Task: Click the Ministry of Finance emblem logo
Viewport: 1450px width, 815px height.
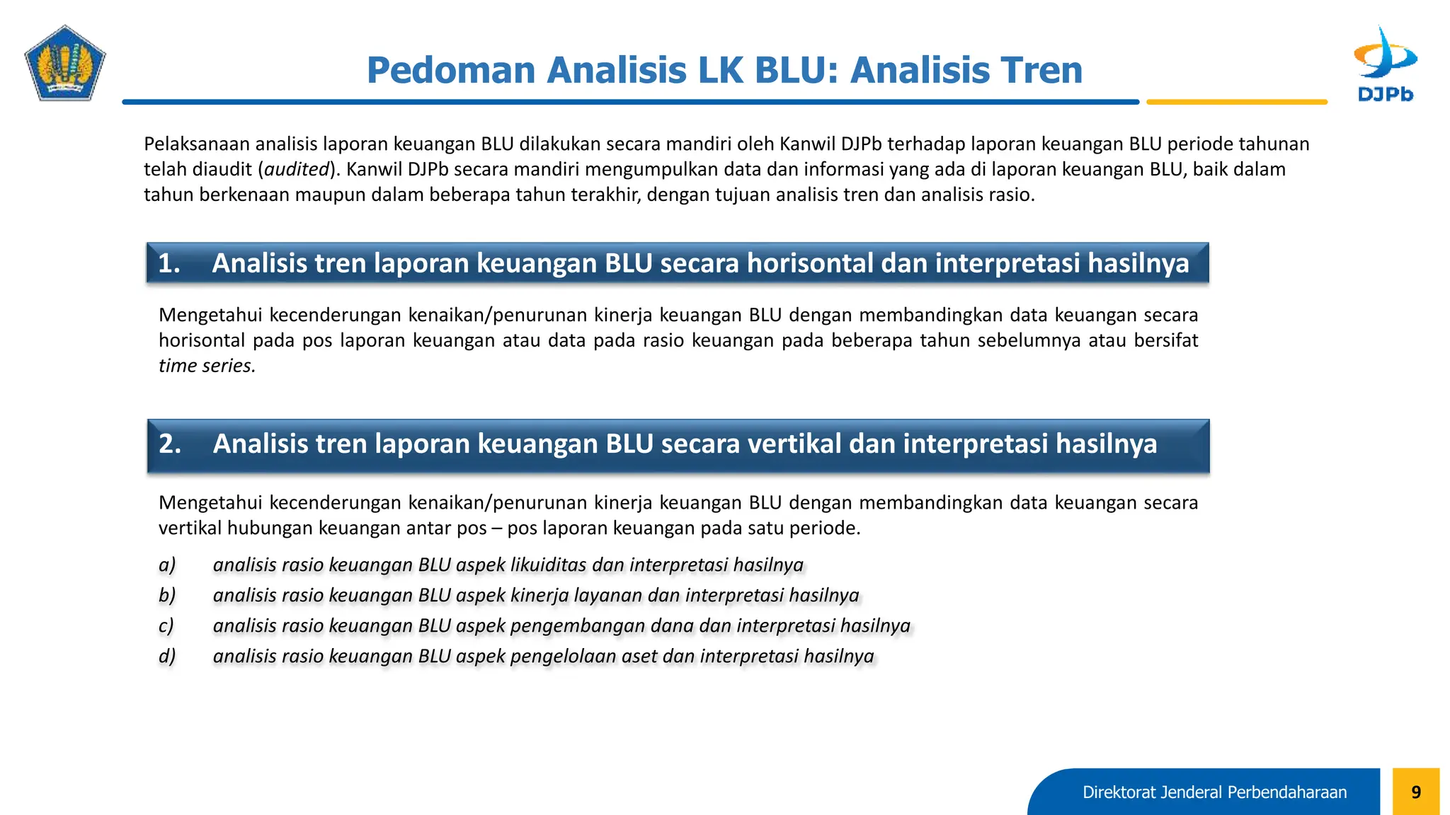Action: pos(65,64)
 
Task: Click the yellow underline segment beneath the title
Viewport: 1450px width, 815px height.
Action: pos(1236,103)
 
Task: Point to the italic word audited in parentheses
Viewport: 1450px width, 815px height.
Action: pos(297,169)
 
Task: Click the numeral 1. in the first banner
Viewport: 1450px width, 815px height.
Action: pos(169,263)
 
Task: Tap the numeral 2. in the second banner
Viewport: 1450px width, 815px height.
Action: pos(170,444)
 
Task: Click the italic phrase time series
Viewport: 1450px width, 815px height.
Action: pos(206,366)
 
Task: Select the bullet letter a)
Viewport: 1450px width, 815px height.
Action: pos(167,565)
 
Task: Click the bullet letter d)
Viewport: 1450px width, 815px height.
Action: pos(167,656)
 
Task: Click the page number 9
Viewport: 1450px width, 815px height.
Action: pos(1415,792)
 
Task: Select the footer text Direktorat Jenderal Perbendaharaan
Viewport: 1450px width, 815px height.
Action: pos(1214,792)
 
